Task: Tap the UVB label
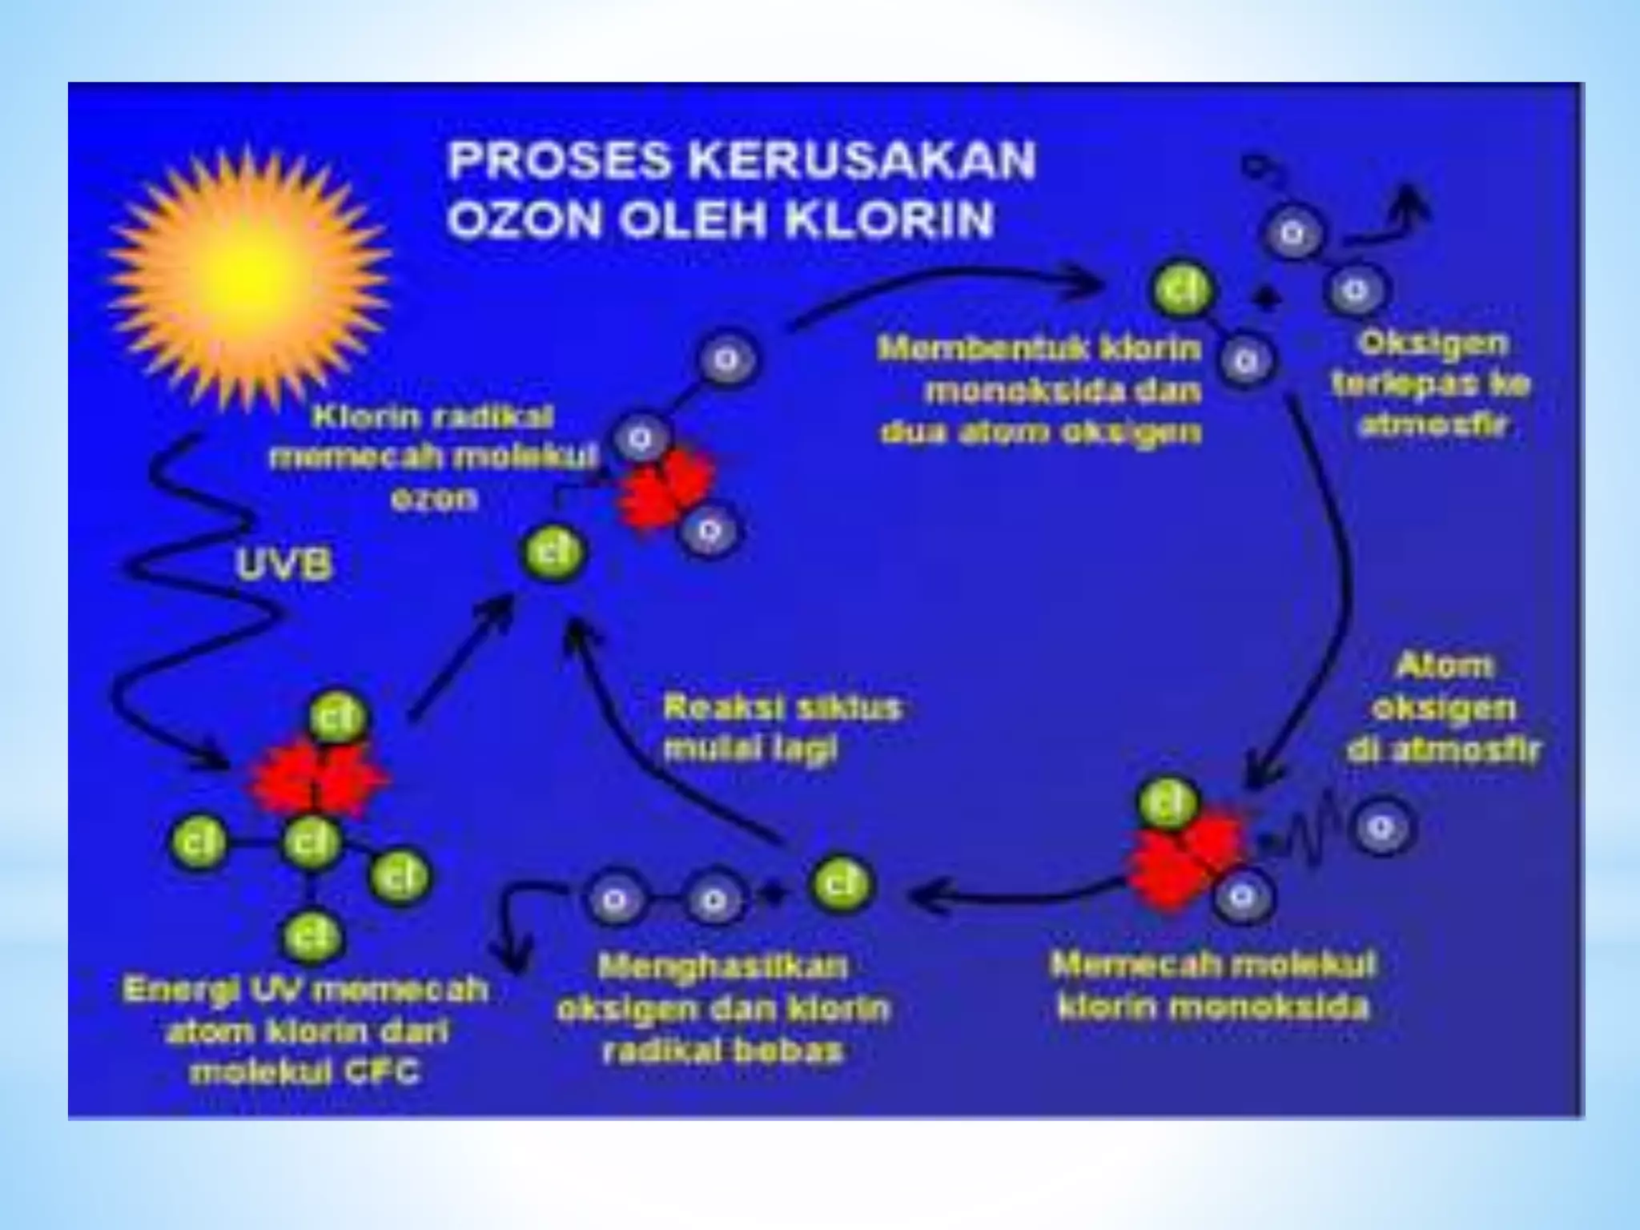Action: [x=283, y=565]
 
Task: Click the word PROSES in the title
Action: [x=559, y=159]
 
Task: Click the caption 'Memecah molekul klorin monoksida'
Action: [x=1212, y=985]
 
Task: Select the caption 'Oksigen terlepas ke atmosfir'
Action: [x=1432, y=384]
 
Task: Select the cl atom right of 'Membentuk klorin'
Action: [x=1181, y=289]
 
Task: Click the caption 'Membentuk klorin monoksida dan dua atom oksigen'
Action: [x=1041, y=391]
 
